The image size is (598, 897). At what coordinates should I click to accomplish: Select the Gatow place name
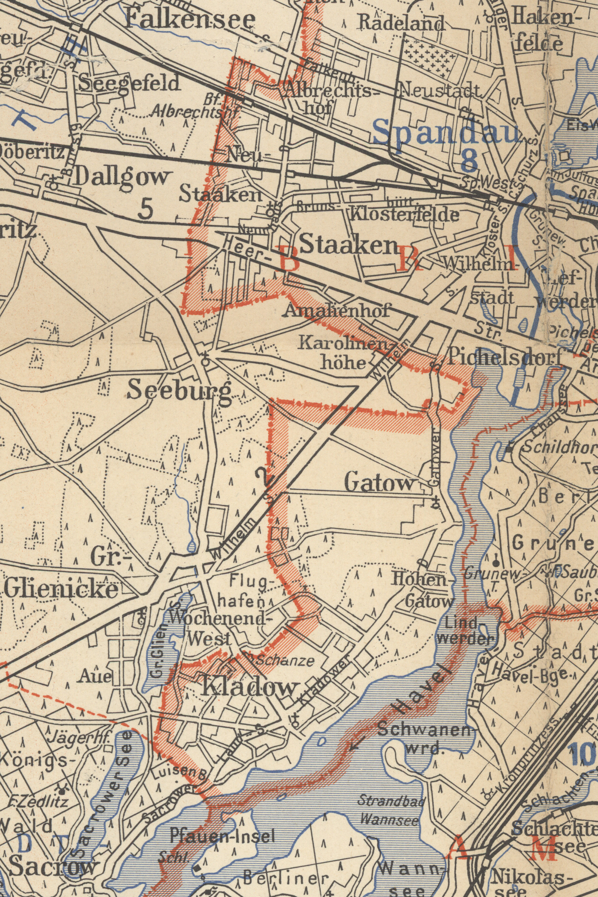coord(379,484)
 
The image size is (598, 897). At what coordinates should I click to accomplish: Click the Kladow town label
coord(248,688)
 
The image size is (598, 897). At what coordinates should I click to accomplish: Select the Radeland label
coord(401,24)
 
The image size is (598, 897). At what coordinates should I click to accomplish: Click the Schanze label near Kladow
coord(284,661)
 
